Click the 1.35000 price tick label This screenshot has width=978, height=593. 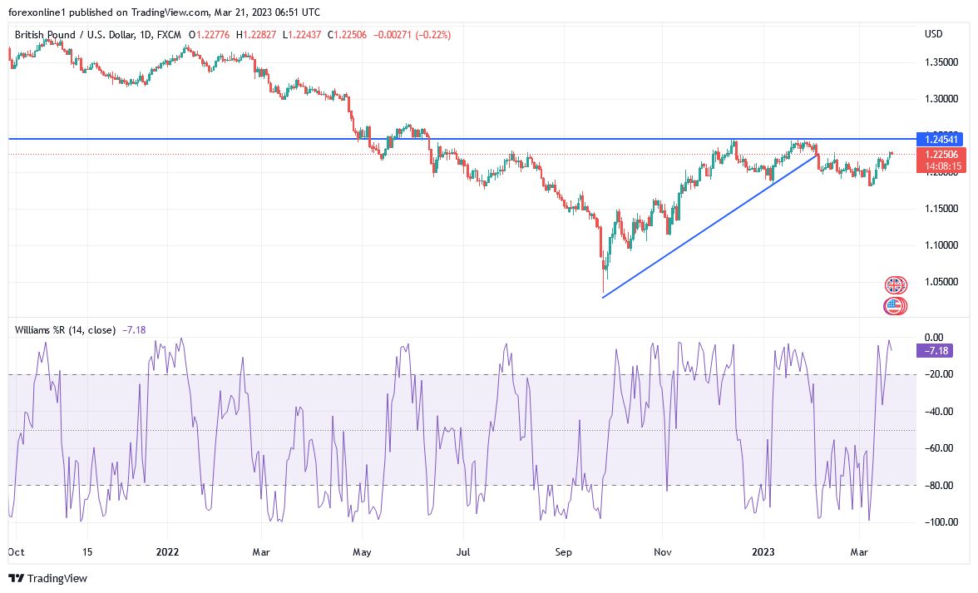[941, 63]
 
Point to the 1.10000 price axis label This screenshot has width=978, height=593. [941, 245]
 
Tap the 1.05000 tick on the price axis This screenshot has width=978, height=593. [941, 283]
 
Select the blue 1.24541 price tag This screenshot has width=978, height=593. [933, 138]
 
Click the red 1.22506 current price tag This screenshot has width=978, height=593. [933, 155]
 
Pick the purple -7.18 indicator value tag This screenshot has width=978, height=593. [933, 351]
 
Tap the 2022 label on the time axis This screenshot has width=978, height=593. [167, 551]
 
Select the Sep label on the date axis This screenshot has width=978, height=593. [563, 551]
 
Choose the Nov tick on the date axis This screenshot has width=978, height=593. [663, 551]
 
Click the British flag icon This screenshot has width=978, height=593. [895, 285]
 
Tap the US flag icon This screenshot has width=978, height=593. [895, 306]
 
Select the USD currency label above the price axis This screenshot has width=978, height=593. [933, 34]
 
